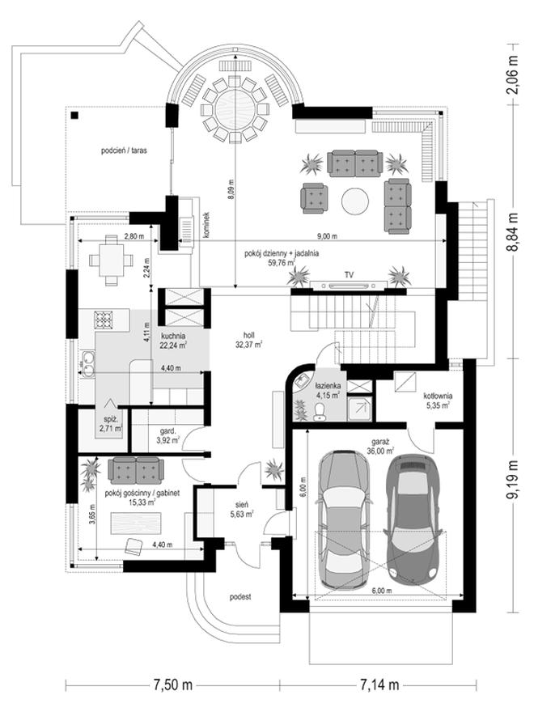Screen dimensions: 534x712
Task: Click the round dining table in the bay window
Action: pos(235,109)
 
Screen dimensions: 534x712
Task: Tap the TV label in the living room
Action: pos(349,275)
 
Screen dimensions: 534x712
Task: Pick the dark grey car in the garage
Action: pos(413,519)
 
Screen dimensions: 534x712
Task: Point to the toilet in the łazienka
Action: pos(320,410)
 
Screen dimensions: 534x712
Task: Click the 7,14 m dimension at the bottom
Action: pos(379,684)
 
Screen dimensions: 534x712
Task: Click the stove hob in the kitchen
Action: pos(103,320)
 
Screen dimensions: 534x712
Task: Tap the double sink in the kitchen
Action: pos(87,364)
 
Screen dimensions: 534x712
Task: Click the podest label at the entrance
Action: pos(240,596)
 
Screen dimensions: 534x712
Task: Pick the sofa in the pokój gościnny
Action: pos(136,470)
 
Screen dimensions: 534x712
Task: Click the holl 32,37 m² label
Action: pos(249,340)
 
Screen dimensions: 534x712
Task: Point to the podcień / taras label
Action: pos(124,150)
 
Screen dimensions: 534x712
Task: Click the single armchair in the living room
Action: pos(314,198)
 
